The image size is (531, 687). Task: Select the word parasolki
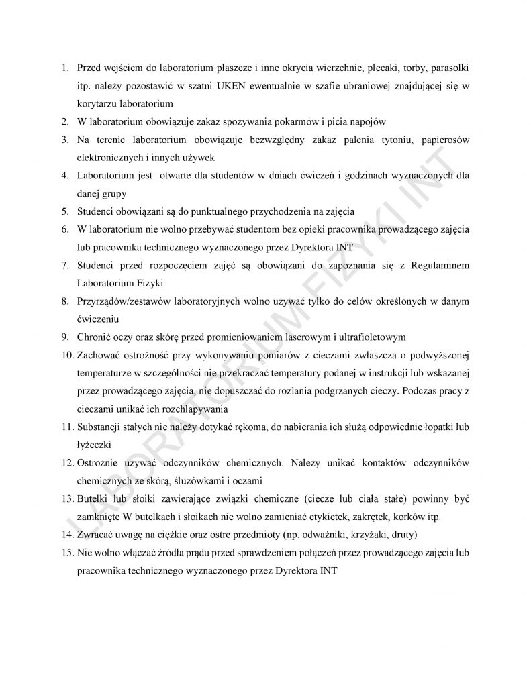click(x=451, y=69)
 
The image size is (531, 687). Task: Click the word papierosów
click(x=445, y=139)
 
